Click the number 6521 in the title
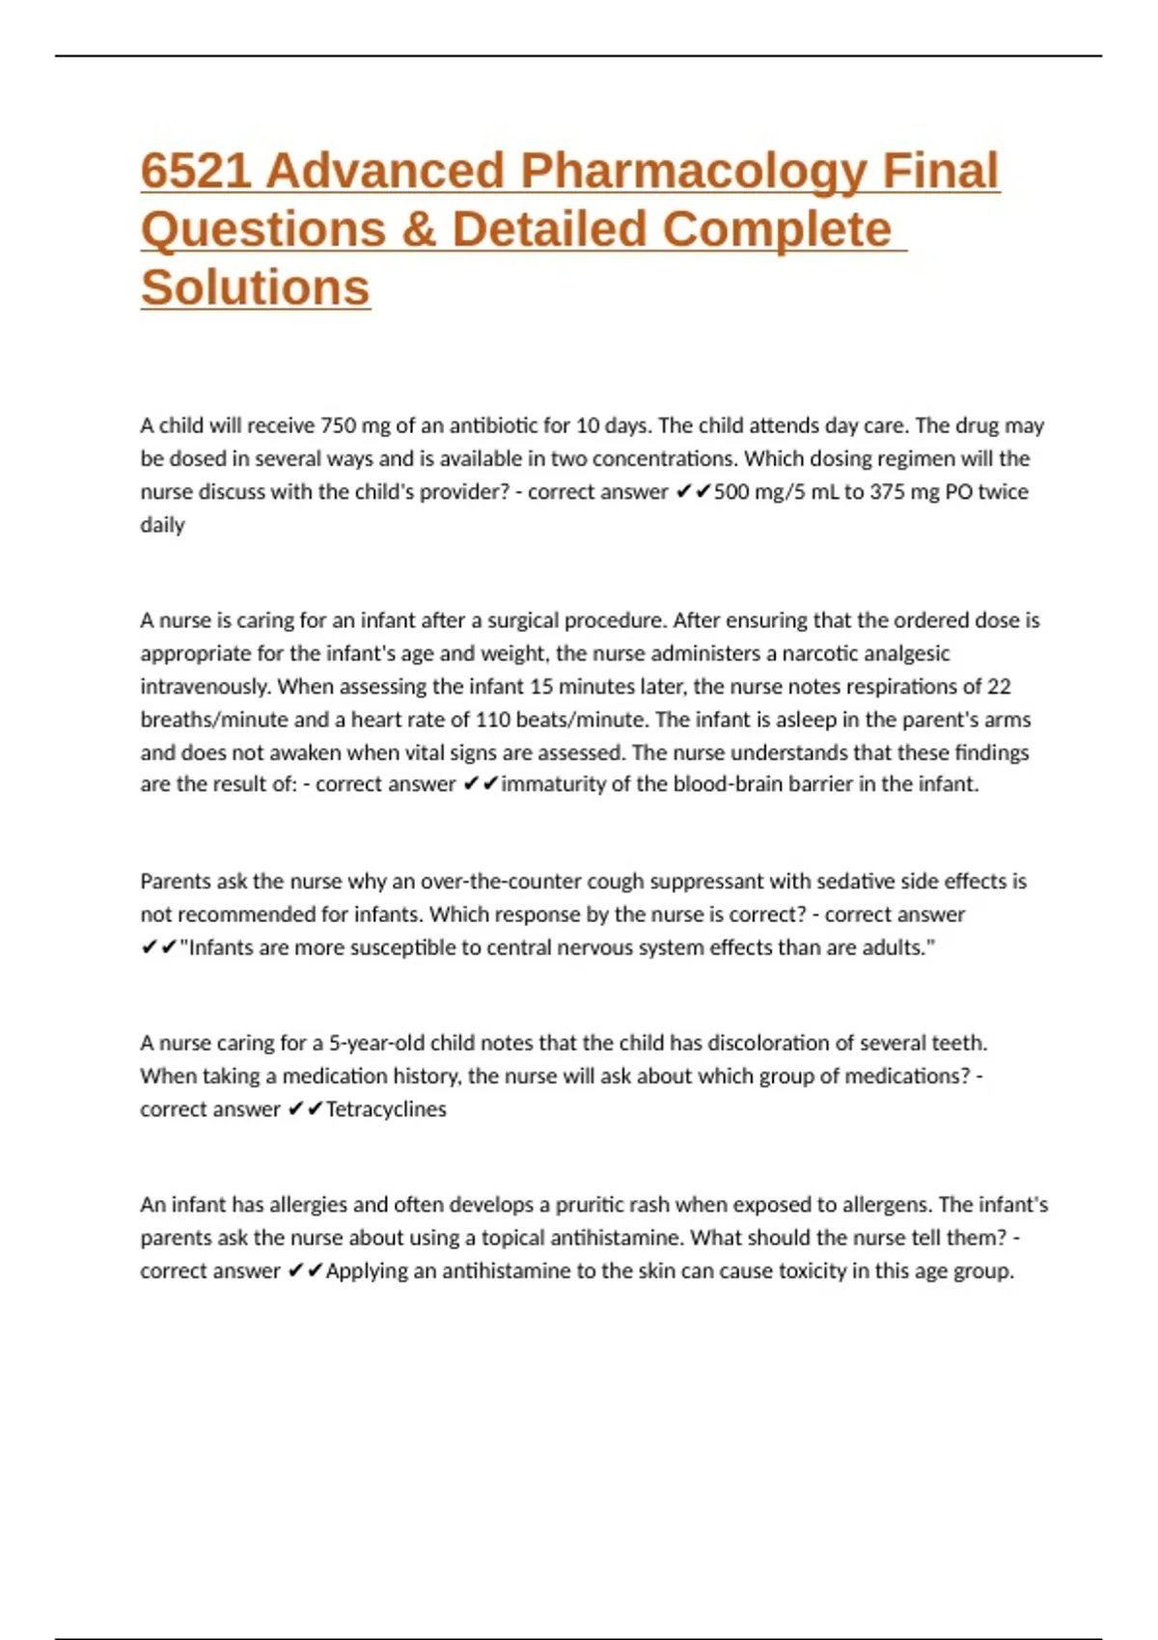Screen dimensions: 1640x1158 point(196,171)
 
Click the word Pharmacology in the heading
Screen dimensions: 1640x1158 point(693,171)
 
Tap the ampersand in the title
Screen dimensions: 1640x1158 point(419,230)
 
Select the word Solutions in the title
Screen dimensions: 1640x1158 point(256,287)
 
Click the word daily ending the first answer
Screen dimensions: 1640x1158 point(162,525)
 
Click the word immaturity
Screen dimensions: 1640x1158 point(553,784)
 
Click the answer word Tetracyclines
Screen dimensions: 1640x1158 point(386,1109)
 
